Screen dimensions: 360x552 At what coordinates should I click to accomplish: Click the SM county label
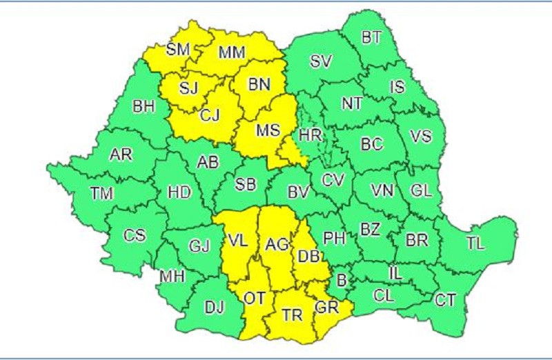(177, 49)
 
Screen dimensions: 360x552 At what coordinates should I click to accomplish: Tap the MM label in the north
(232, 53)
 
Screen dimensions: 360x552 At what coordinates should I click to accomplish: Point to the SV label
(321, 61)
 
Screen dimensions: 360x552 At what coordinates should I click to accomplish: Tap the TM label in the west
(101, 194)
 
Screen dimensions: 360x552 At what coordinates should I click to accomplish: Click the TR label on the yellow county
(293, 315)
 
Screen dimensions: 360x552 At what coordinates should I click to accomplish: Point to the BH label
(144, 107)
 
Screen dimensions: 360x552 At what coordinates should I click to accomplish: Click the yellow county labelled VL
(237, 241)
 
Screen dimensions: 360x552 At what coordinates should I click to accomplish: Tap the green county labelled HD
(179, 194)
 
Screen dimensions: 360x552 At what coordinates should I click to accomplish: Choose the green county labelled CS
(135, 235)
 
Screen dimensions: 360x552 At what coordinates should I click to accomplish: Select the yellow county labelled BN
(260, 85)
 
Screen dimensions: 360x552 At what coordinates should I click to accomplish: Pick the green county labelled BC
(372, 145)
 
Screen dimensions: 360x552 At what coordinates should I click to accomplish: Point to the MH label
(172, 277)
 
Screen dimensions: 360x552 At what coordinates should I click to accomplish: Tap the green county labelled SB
(246, 186)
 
